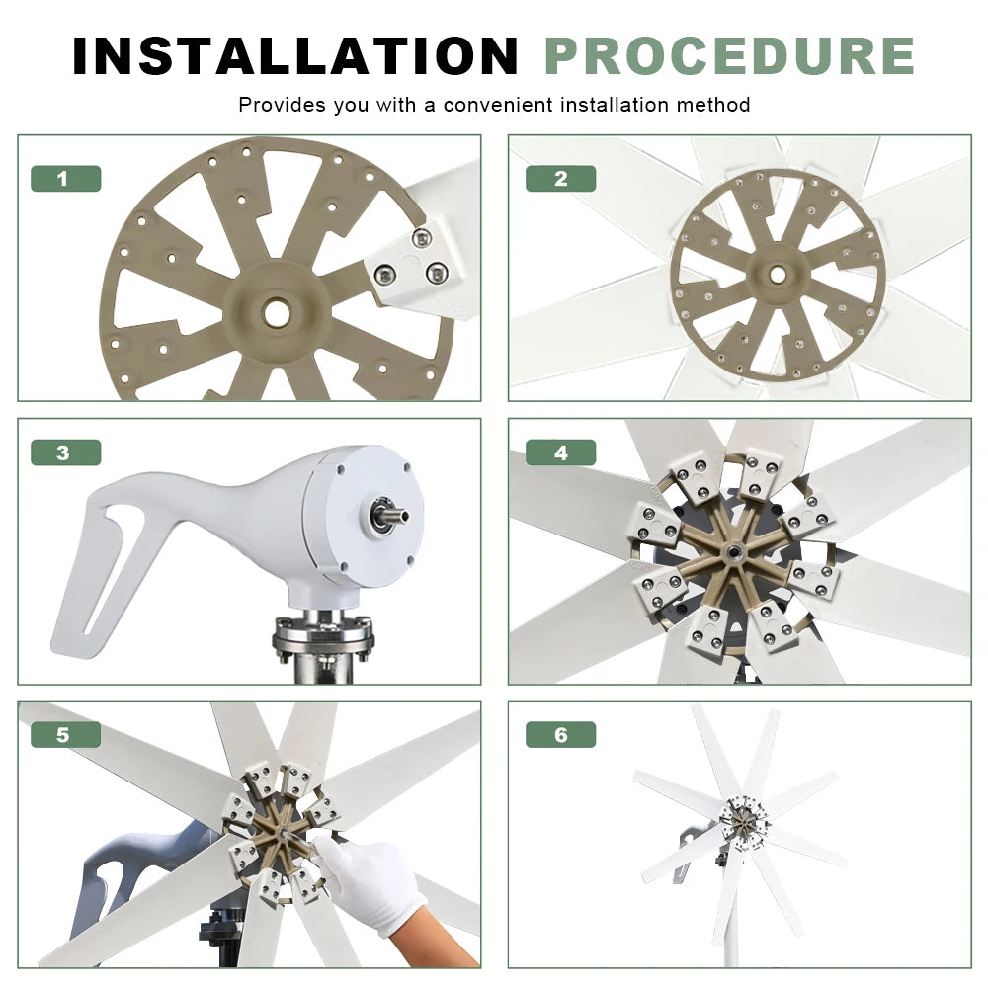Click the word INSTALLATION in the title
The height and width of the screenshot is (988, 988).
tap(294, 56)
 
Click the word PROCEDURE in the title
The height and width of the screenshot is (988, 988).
tap(730, 56)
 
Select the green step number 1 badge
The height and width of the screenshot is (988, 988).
tap(65, 178)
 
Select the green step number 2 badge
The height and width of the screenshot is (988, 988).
tap(561, 178)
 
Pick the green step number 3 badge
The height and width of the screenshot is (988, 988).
tap(65, 453)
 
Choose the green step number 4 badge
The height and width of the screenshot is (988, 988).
tap(561, 453)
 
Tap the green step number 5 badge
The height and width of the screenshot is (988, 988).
tap(65, 735)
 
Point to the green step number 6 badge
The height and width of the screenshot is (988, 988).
tap(561, 735)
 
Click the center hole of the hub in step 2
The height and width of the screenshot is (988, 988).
tap(777, 275)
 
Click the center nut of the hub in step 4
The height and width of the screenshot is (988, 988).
tap(733, 552)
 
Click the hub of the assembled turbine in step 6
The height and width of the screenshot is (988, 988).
tap(744, 820)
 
